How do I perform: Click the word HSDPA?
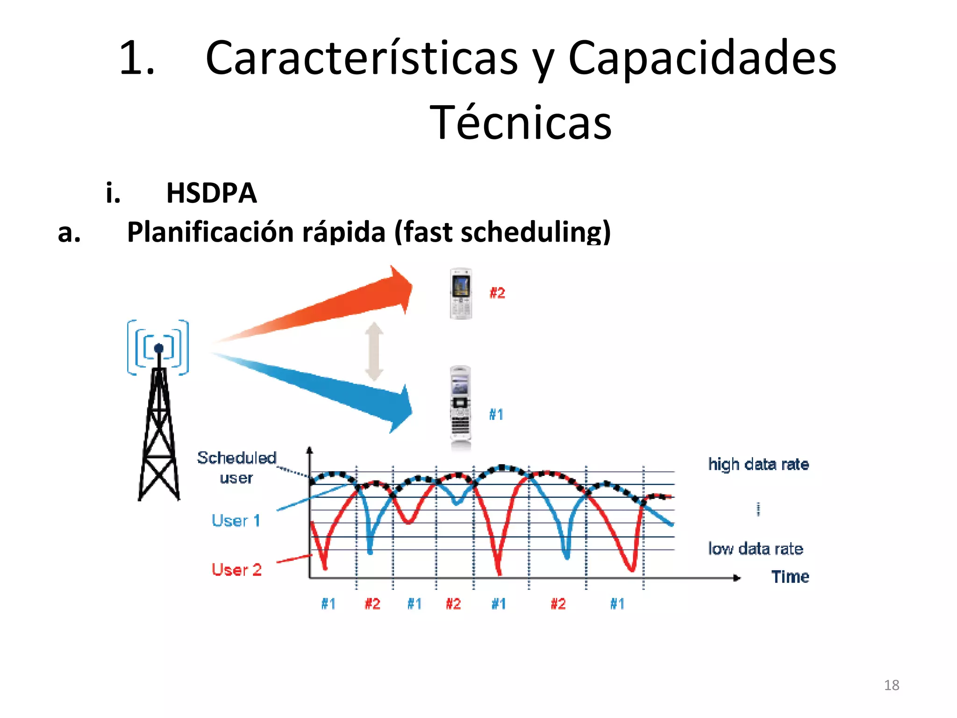211,193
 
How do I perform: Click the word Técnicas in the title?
520,122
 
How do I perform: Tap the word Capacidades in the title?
702,58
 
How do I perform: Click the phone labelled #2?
461,294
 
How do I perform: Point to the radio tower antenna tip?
158,348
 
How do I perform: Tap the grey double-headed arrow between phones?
374,352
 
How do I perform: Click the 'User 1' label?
236,521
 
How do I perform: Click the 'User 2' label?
236,570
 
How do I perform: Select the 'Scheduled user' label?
236,467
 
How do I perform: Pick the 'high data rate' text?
758,464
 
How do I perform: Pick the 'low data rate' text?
756,548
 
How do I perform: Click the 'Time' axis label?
790,577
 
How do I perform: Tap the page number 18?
892,685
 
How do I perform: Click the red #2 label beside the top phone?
497,293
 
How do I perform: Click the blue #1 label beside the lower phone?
496,415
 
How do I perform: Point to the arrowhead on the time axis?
737,578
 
